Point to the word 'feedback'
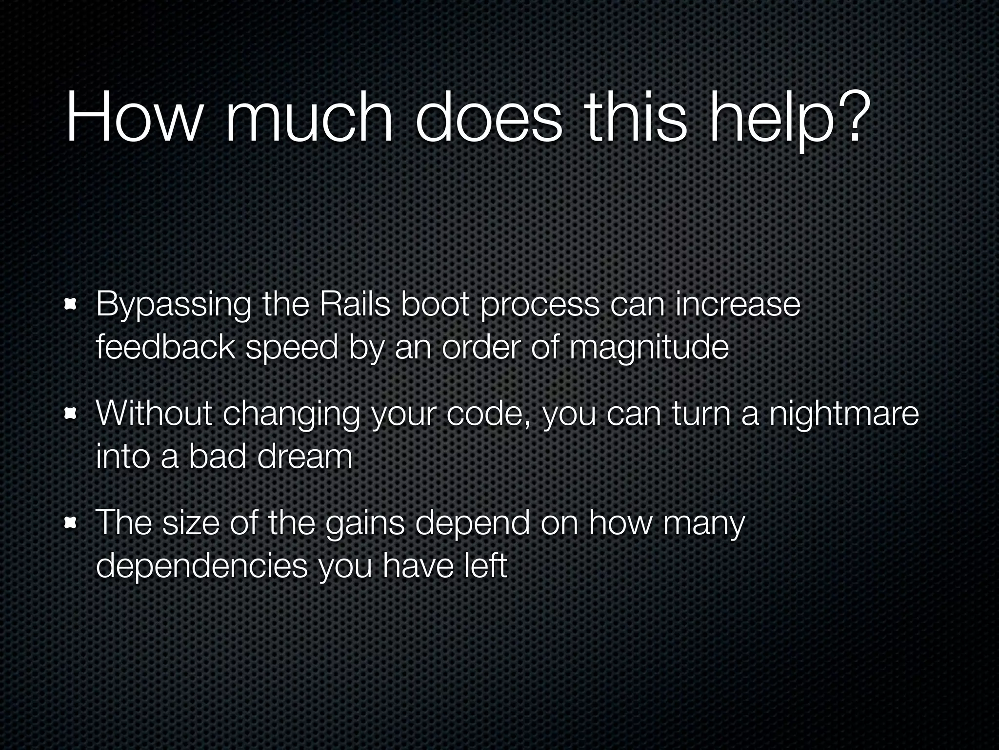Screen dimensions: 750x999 [165, 347]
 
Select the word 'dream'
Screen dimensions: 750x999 [304, 456]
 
